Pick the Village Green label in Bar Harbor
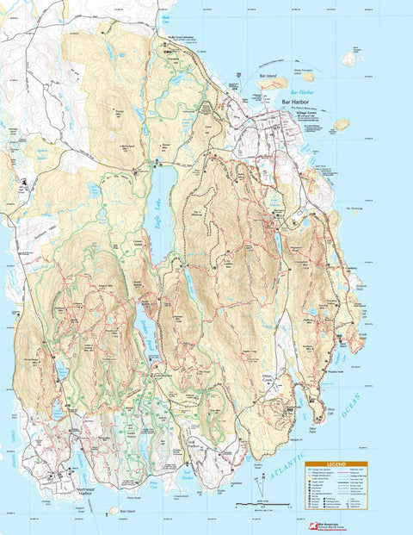coord(305,111)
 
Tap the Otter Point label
coord(313,426)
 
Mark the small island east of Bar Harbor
coord(342,124)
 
